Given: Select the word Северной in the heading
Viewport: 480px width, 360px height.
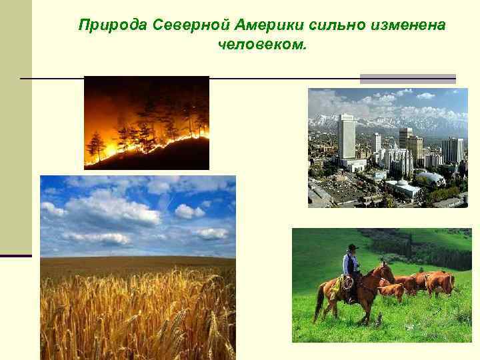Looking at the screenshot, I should coord(189,25).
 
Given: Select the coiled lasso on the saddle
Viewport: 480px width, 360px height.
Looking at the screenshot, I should coord(347,283).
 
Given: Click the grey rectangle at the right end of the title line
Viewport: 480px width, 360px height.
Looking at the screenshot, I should coord(407,79).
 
